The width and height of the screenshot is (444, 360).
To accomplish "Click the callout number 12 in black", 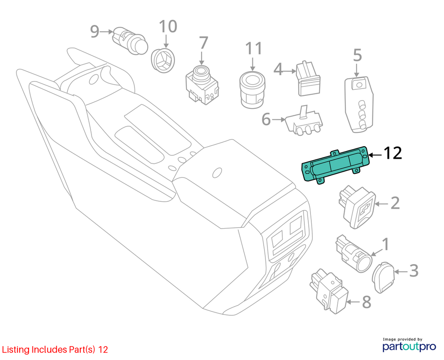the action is coord(392,153).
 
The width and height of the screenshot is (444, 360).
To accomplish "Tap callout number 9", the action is coord(95,31).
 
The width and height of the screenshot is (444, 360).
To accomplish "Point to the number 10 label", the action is coord(168,26).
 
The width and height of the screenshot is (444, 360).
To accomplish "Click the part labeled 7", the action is coord(202,84).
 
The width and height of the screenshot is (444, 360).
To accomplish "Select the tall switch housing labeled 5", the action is coord(359,104).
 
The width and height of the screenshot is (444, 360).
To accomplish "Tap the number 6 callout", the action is coord(266,119).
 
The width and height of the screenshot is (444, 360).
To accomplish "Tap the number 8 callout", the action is coord(367,302).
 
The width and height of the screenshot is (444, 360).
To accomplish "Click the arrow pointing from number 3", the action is coord(401,272).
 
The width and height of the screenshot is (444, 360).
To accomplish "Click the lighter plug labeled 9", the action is coord(130,40).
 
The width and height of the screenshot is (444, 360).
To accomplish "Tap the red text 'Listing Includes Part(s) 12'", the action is coord(55,350).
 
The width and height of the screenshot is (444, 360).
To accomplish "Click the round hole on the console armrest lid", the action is coord(217,173).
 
